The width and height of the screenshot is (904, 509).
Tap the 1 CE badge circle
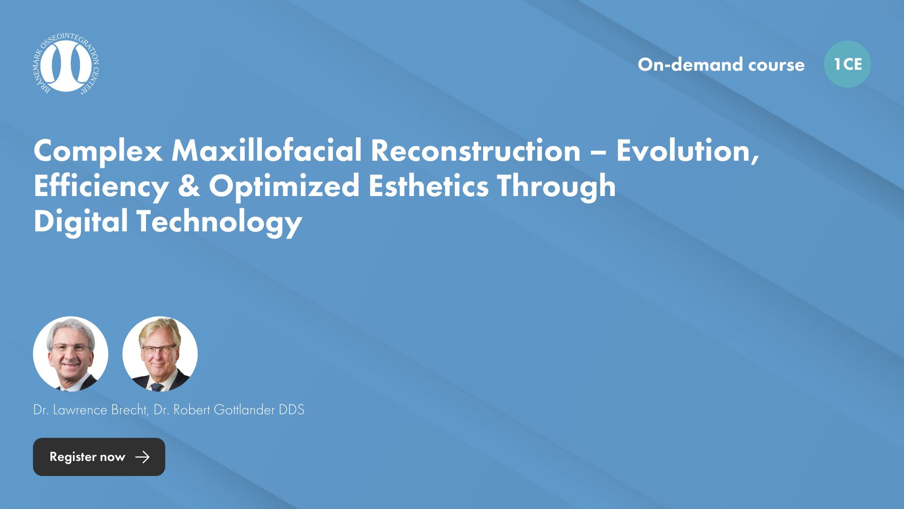pos(847,64)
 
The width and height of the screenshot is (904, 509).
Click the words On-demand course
pos(721,65)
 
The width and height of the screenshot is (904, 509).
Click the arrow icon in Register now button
pos(142,457)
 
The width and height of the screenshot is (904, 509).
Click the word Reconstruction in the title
pos(476,151)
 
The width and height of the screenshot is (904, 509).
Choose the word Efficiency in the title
pos(101,187)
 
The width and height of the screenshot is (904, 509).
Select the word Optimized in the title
pos(284,187)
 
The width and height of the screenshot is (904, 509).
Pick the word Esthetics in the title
pos(428,186)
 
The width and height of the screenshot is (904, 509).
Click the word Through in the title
pos(556,187)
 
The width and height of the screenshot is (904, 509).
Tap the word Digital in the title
pos(81,222)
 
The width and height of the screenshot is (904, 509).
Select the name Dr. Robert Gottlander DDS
pos(229,410)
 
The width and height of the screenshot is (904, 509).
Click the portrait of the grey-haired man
pos(71,354)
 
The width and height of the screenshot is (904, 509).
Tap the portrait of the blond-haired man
pos(160,354)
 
